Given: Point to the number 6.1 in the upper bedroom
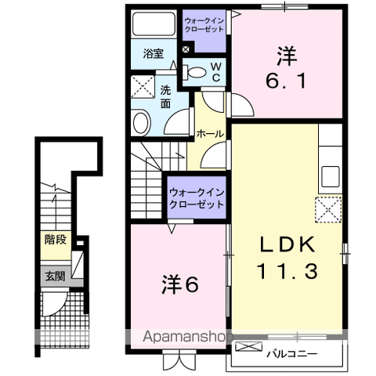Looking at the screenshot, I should pos(286,78).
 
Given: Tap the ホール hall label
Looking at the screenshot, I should pos(210,134).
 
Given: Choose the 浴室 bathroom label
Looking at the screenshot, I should pos(154,54).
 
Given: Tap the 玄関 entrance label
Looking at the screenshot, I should pos(55,275).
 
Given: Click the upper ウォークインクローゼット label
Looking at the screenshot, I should pos(204,23).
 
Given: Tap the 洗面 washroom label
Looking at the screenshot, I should pos(166,96).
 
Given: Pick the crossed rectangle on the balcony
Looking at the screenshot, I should pos(245,345).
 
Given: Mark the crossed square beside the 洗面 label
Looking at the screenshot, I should pos(142,87).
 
